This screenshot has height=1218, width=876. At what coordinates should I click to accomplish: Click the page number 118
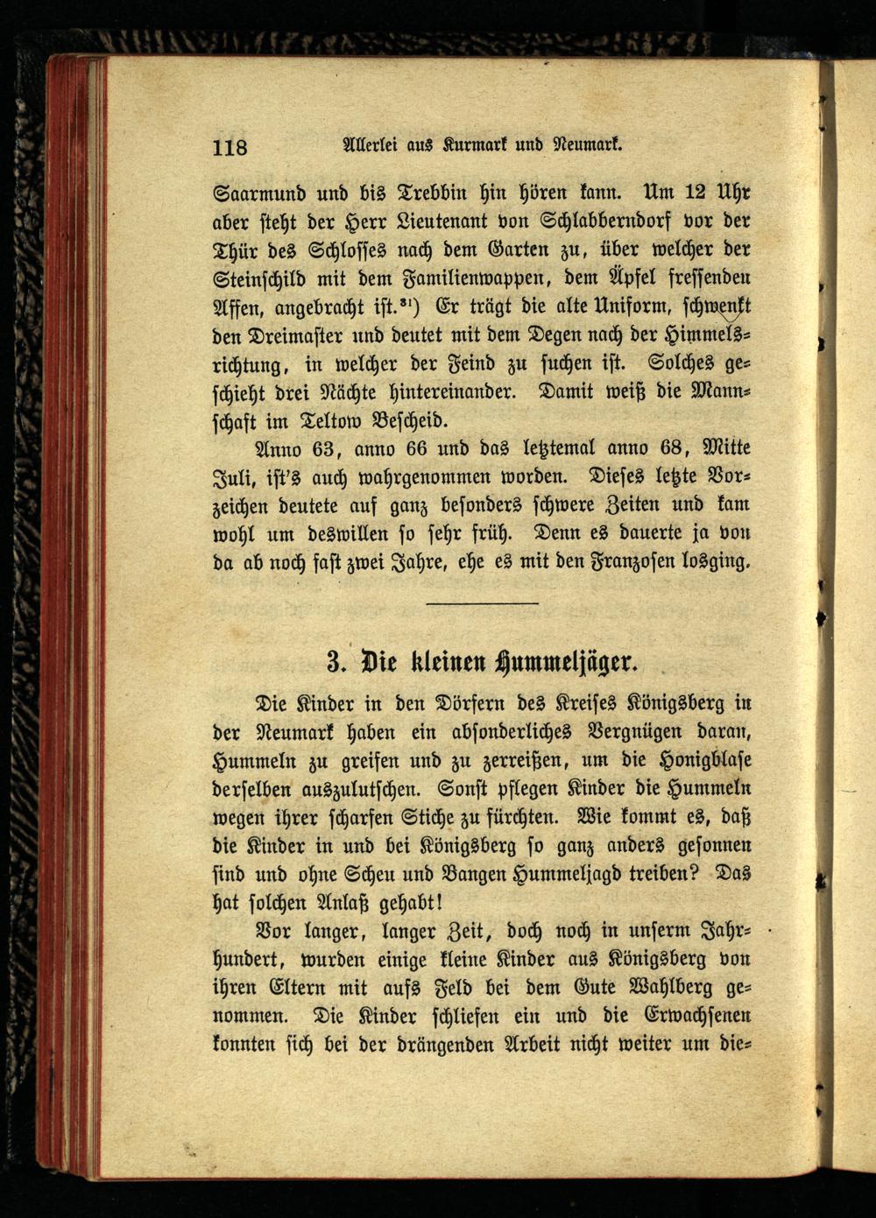coord(230,147)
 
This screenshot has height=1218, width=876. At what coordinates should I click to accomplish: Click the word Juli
coord(233,478)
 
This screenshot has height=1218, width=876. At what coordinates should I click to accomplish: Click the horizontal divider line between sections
coord(482,603)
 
